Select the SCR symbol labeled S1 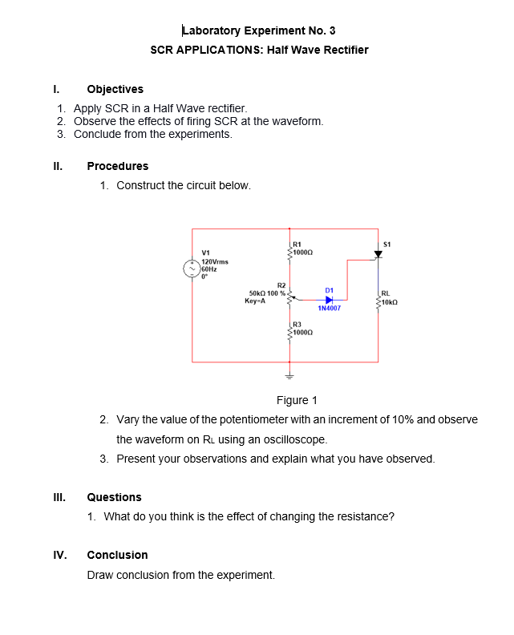[378, 255]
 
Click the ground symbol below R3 [290, 375]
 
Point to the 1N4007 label [329, 308]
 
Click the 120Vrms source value [215, 262]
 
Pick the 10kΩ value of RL [389, 301]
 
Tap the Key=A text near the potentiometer [255, 301]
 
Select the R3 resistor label [297, 326]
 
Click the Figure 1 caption [297, 400]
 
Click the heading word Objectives [115, 89]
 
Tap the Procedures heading [117, 166]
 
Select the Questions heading [114, 497]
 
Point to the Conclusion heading [117, 555]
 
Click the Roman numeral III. [58, 497]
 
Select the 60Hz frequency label [210, 269]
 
